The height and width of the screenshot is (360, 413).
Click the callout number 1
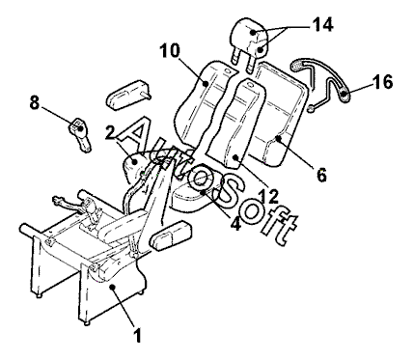click(x=138, y=335)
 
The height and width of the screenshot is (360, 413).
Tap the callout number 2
click(x=111, y=133)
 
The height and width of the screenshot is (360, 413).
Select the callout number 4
click(x=235, y=223)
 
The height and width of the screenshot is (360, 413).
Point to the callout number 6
click(x=321, y=175)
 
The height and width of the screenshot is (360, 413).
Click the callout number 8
click(x=35, y=103)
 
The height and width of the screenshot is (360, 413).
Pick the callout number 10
click(x=170, y=50)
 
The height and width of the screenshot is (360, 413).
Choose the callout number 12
click(x=268, y=196)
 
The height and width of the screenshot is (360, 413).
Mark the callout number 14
click(x=322, y=24)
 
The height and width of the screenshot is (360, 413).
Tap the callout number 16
click(x=383, y=82)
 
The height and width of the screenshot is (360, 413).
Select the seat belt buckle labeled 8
click(x=80, y=134)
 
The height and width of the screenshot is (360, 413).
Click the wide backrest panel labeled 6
click(x=280, y=113)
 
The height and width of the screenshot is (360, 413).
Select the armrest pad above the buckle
click(x=128, y=95)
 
